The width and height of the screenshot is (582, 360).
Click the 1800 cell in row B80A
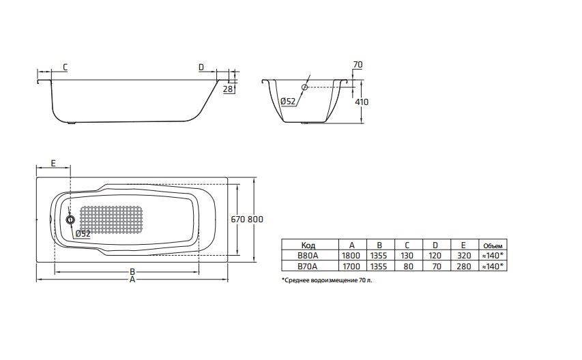(x=351, y=256)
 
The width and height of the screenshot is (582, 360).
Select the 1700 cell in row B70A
(x=351, y=267)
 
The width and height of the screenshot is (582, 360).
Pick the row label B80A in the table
(x=307, y=256)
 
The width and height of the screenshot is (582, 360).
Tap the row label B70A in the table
(x=307, y=267)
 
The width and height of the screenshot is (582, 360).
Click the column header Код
(x=307, y=245)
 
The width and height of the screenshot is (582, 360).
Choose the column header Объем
(x=492, y=245)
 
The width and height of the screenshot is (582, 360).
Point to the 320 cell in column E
(x=462, y=256)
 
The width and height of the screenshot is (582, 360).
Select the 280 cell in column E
(x=462, y=267)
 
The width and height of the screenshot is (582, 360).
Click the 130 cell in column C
(x=407, y=256)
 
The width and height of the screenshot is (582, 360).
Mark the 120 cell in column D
(x=434, y=256)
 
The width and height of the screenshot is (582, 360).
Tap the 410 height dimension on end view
(x=362, y=102)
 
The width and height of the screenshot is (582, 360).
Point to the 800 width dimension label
(x=255, y=219)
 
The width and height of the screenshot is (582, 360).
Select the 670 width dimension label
(x=238, y=219)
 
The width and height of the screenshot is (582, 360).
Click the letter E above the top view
(x=53, y=164)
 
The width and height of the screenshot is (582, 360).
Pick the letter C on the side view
(x=64, y=67)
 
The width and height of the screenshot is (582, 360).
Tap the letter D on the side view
(x=201, y=67)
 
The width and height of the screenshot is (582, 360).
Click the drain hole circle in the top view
(x=70, y=220)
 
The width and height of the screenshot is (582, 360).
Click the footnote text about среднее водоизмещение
(x=328, y=280)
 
